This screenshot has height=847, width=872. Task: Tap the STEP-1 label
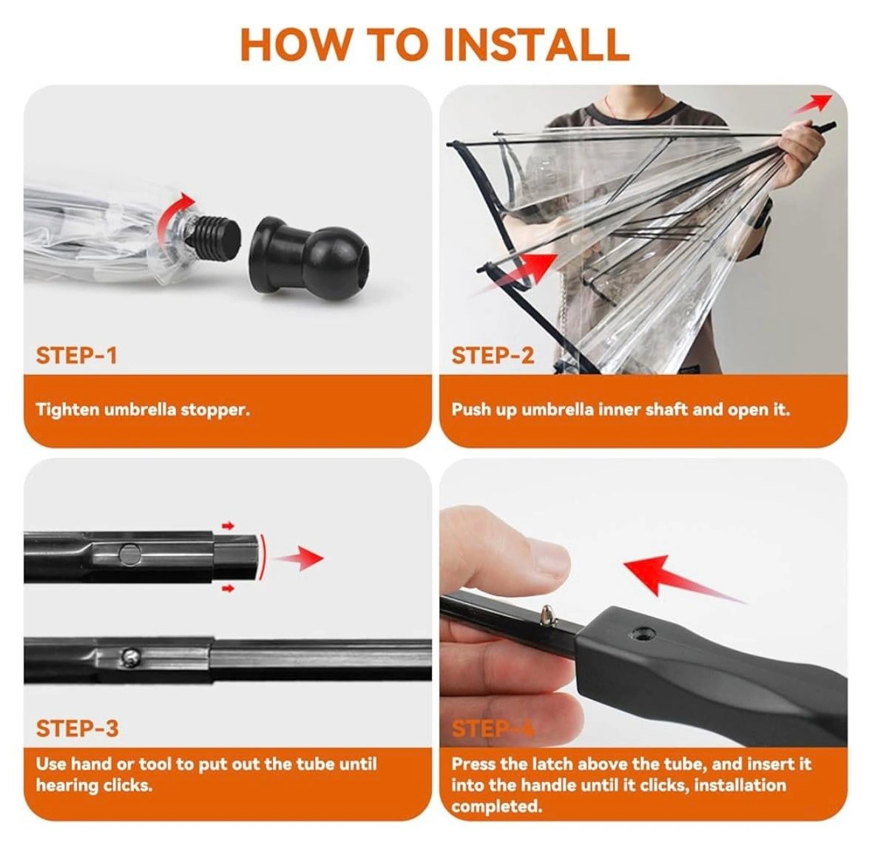point(77,355)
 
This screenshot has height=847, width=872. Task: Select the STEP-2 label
point(493,355)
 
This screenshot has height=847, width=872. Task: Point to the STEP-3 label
point(78,728)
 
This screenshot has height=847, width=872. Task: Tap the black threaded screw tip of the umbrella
point(216,232)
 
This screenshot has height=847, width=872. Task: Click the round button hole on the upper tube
point(129,554)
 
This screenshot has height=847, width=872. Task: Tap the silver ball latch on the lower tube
point(129,657)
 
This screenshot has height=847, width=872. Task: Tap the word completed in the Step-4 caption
point(496,806)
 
